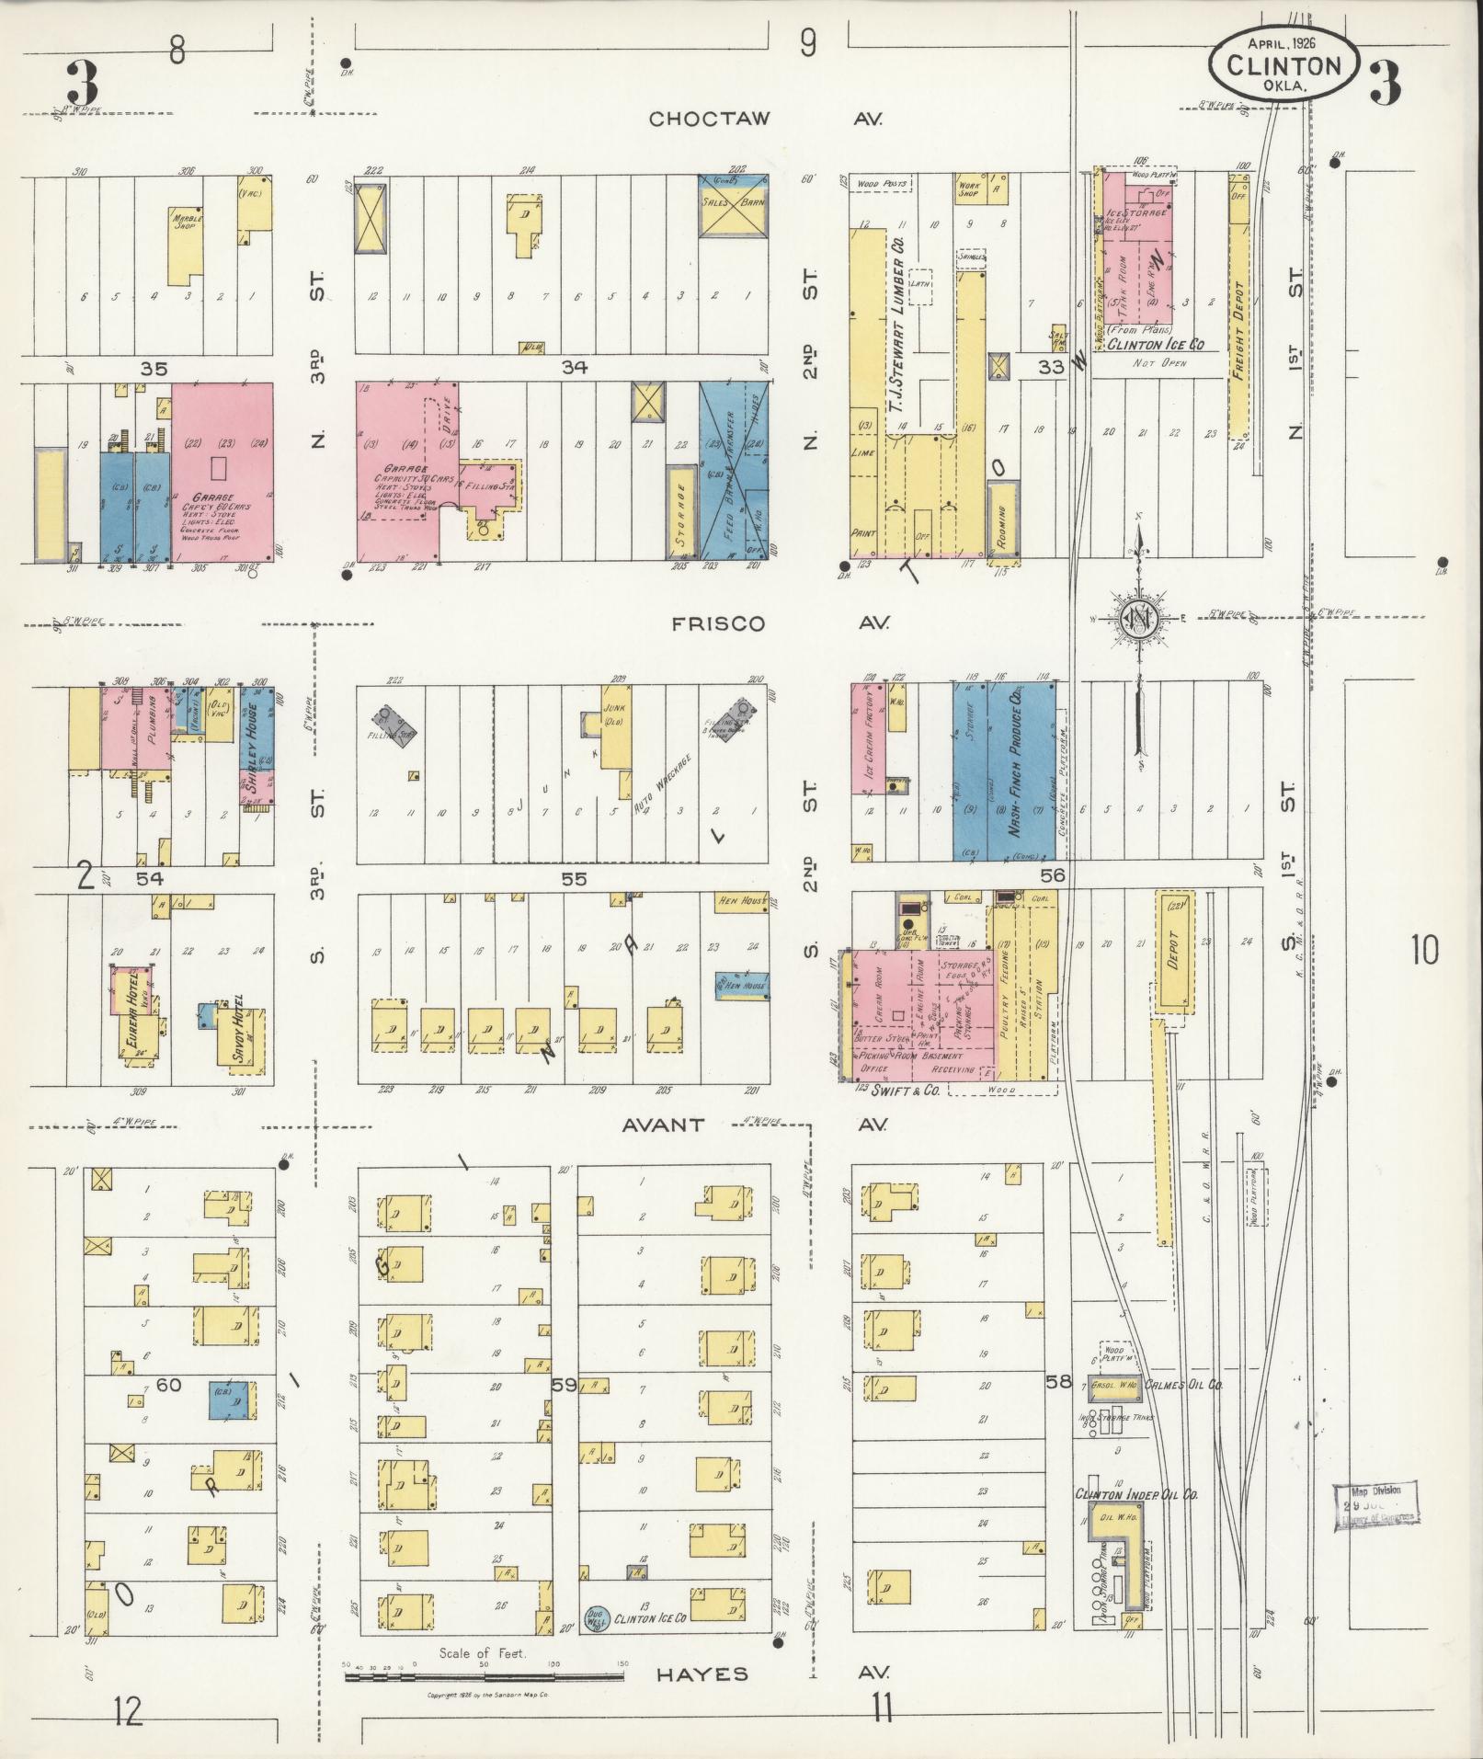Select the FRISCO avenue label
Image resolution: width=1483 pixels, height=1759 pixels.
pyautogui.click(x=717, y=623)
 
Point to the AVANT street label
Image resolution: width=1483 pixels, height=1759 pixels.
pyautogui.click(x=662, y=1124)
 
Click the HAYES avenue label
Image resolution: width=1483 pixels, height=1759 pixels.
pyautogui.click(x=702, y=1674)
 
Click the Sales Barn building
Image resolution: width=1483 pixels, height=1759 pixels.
pyautogui.click(x=734, y=205)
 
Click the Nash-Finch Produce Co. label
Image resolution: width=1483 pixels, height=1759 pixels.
pyautogui.click(x=1016, y=763)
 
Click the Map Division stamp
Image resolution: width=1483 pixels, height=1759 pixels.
pyautogui.click(x=1374, y=1505)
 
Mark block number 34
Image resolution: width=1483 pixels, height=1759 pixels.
pyautogui.click(x=576, y=367)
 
